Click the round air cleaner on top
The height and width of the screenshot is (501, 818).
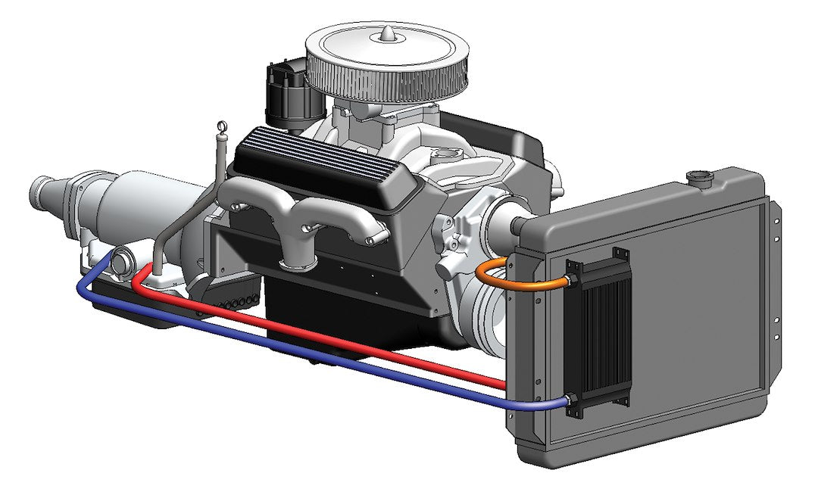pyautogui.click(x=386, y=64)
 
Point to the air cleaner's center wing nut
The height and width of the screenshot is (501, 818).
pyautogui.click(x=387, y=33)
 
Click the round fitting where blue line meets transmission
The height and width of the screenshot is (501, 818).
pyautogui.click(x=120, y=261)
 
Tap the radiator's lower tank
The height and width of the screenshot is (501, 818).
pyautogui.click(x=644, y=447)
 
